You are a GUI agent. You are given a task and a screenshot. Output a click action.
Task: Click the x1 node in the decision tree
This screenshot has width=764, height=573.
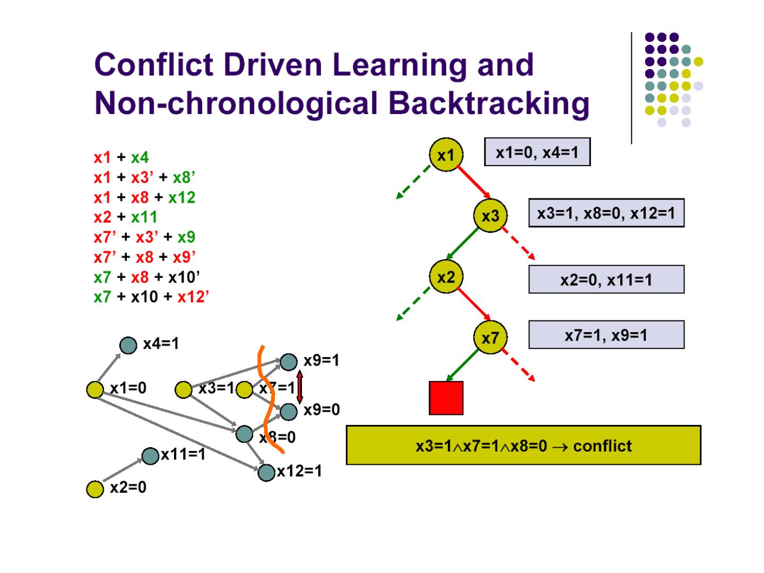[446, 154]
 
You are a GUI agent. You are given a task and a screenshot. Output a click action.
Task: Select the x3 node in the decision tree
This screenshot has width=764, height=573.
[490, 215]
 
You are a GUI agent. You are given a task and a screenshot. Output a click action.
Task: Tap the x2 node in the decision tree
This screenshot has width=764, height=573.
[446, 276]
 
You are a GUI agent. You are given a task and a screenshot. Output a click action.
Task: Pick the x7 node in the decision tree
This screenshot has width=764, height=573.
[490, 337]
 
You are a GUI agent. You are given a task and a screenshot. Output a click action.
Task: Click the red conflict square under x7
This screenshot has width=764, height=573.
[446, 397]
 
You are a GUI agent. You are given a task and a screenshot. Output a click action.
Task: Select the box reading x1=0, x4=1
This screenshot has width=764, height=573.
[537, 152]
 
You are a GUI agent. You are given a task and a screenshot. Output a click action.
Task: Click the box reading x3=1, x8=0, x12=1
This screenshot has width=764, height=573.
[606, 213]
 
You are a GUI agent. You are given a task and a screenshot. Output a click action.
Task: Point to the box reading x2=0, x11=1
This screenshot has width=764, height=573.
[606, 279]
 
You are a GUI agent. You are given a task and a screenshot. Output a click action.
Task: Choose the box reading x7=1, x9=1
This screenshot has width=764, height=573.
[606, 335]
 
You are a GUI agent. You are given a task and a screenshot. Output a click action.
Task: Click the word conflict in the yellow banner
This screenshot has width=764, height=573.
[602, 446]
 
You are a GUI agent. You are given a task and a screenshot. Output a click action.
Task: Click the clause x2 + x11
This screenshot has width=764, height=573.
[126, 217]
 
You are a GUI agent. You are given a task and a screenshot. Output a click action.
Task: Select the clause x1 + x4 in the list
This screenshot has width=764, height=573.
[121, 157]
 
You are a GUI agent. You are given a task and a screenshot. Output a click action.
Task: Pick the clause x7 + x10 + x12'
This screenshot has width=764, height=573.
[151, 297]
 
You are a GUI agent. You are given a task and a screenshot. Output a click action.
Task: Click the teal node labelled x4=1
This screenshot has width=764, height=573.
[128, 345]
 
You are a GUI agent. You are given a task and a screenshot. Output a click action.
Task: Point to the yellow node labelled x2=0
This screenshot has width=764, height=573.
[95, 489]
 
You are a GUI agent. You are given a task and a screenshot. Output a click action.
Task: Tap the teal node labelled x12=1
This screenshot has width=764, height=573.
[266, 472]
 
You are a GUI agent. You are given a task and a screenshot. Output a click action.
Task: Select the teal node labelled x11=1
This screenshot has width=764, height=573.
[151, 455]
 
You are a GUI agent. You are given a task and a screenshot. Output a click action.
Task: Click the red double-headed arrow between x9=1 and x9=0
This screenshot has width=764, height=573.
[300, 386]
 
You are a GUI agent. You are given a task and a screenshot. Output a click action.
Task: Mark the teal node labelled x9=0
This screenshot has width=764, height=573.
[288, 411]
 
